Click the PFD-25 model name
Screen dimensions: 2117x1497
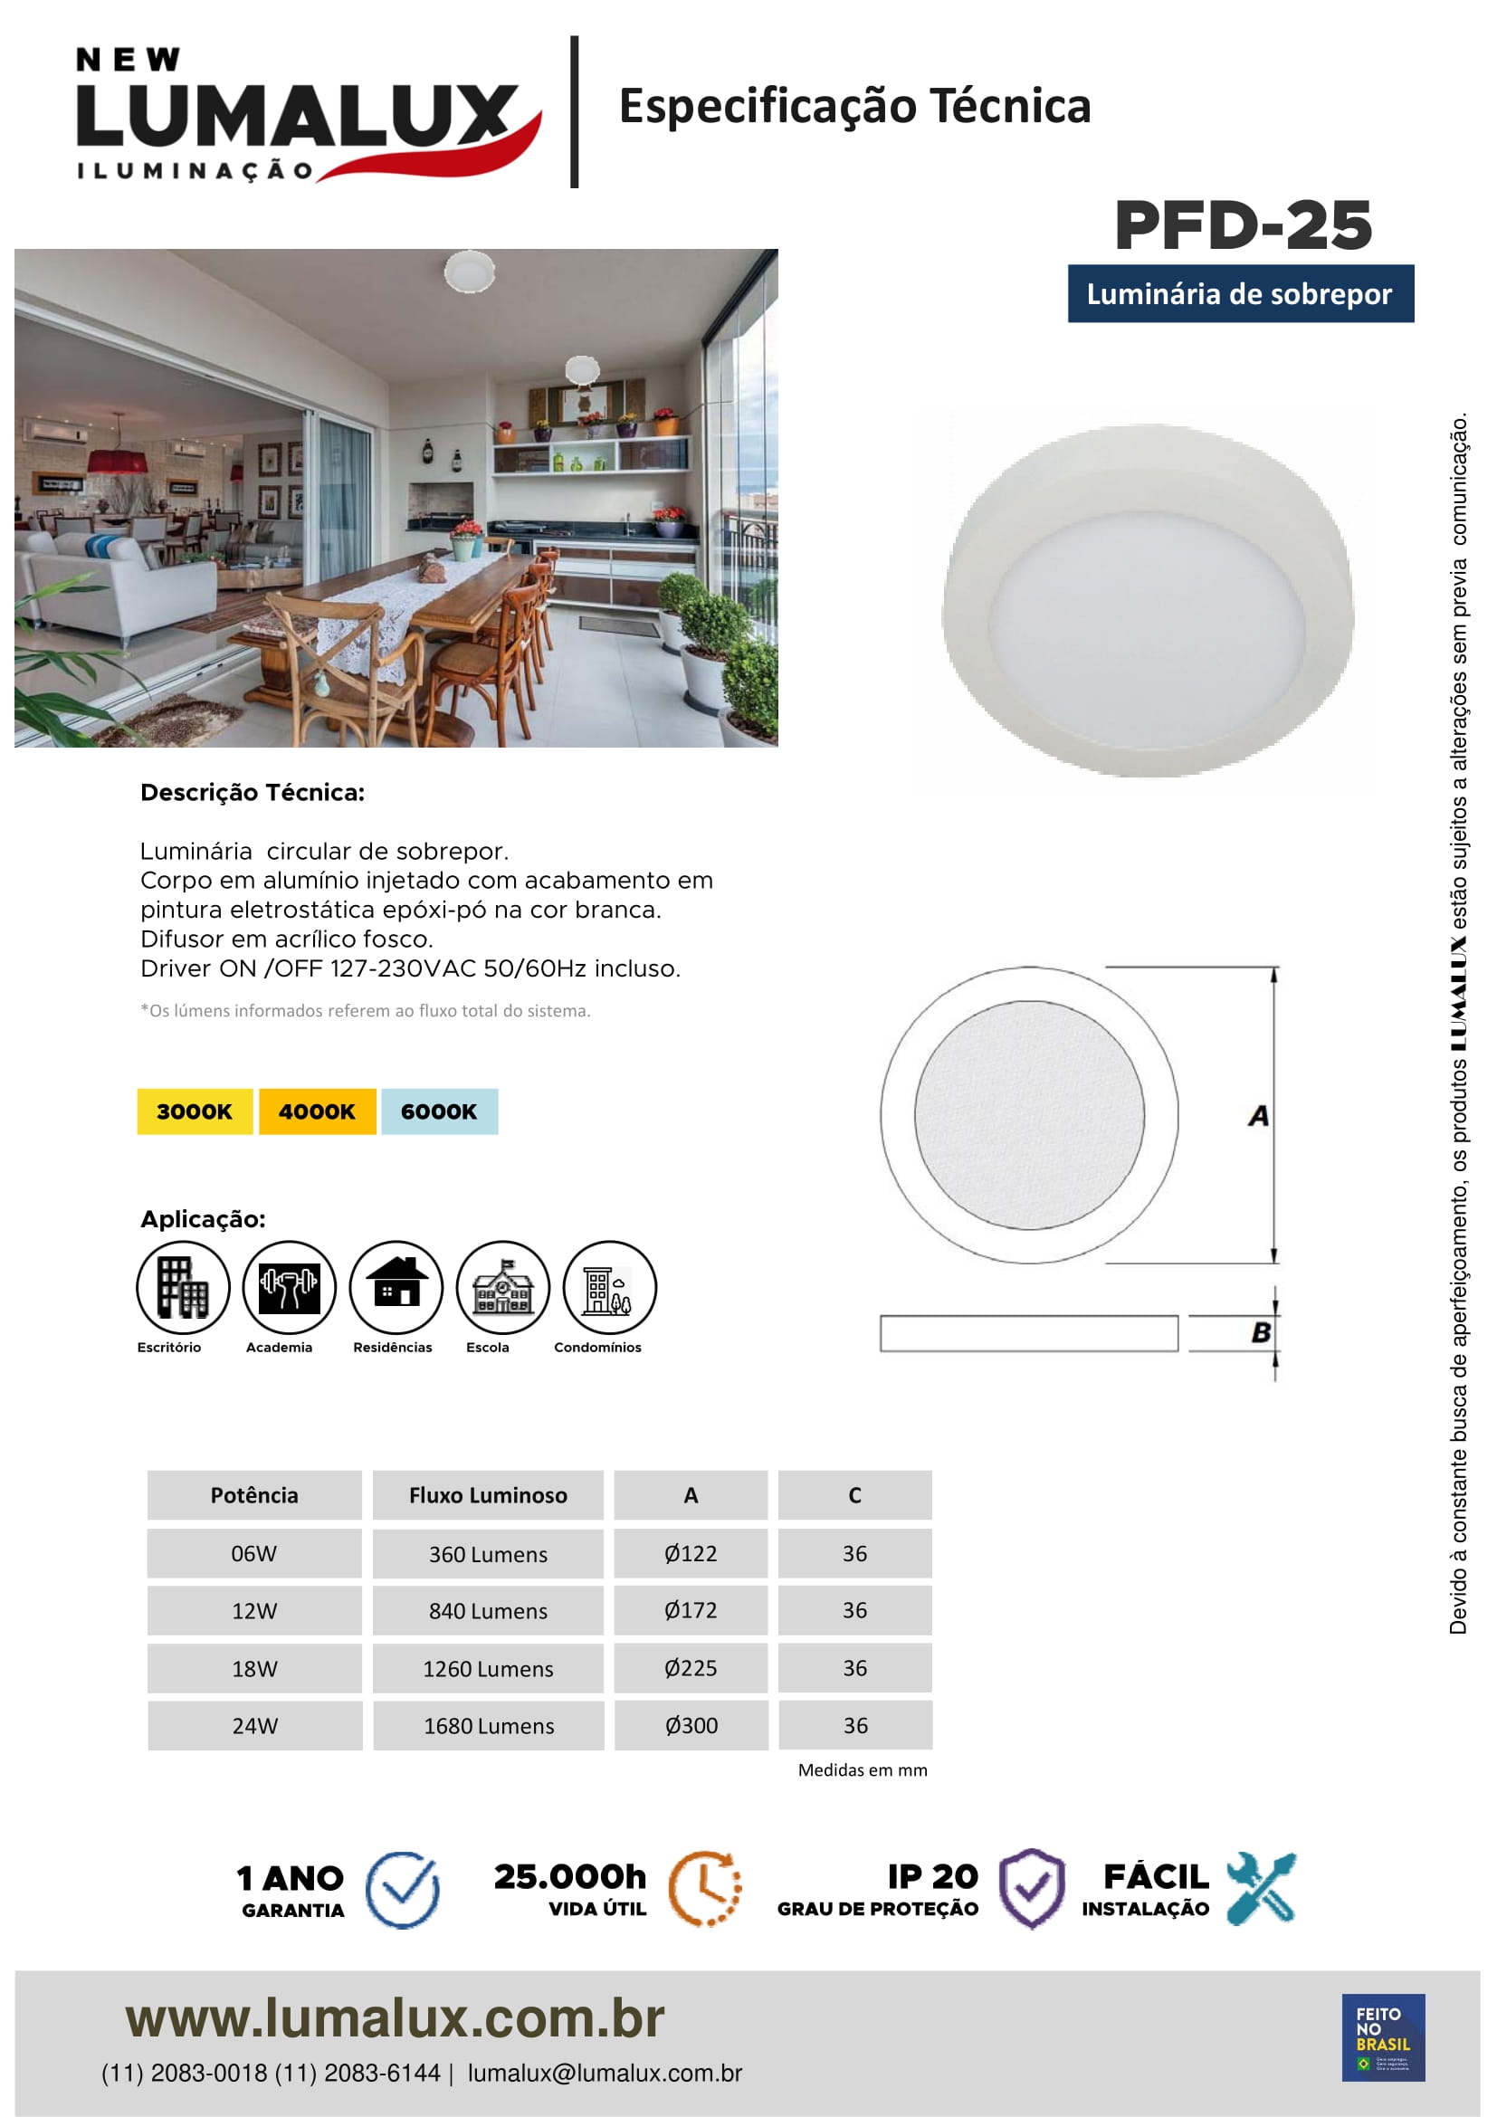click(x=1243, y=226)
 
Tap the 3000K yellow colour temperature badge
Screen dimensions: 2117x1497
click(x=195, y=1111)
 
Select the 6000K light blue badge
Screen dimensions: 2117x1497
click(x=439, y=1111)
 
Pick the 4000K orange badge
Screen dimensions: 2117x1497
click(x=317, y=1111)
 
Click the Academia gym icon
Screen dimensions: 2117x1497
click(x=289, y=1287)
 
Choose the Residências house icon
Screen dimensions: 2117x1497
click(x=396, y=1287)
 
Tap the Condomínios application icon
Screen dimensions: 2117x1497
click(x=609, y=1287)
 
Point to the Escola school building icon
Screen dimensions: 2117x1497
click(x=502, y=1287)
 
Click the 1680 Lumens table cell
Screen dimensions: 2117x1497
click(x=489, y=1726)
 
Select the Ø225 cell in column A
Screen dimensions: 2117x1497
click(x=691, y=1668)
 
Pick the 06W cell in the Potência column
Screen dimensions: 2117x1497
click(x=254, y=1554)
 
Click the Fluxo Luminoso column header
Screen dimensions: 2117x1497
click(x=488, y=1495)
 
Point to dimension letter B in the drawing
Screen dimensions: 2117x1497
click(x=1260, y=1332)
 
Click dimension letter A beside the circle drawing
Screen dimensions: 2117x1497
click(x=1258, y=1117)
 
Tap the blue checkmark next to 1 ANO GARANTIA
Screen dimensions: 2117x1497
click(x=402, y=1890)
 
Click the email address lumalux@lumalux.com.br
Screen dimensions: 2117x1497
click(x=605, y=2073)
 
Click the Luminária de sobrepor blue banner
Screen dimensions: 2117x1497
click(x=1240, y=294)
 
